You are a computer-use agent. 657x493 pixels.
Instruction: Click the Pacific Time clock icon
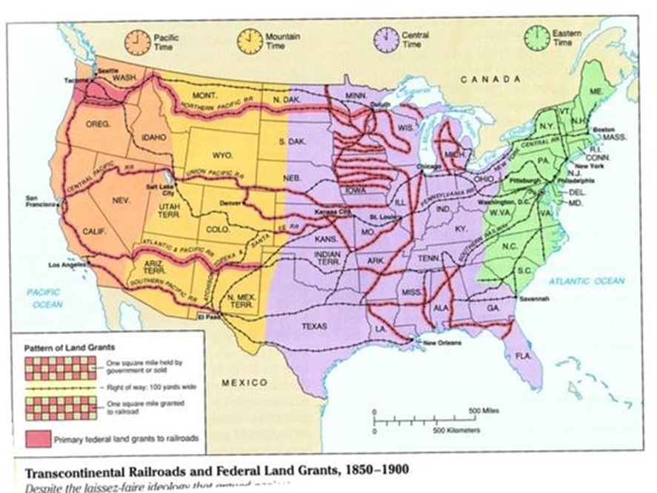[x=138, y=42]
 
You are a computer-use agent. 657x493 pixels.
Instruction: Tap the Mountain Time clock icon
[x=250, y=41]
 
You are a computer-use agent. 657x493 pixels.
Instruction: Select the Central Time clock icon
[x=386, y=39]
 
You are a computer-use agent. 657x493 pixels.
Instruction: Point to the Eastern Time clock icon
[x=536, y=38]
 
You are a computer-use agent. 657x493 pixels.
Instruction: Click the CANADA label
[x=491, y=78]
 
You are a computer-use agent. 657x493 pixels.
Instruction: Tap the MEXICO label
[x=244, y=383]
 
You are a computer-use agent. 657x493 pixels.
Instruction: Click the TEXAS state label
[x=314, y=325]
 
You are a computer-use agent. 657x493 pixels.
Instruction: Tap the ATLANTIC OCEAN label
[x=587, y=281]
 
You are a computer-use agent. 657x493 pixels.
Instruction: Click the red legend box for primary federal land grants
[x=36, y=439]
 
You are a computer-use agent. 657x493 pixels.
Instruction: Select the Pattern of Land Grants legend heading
[x=60, y=346]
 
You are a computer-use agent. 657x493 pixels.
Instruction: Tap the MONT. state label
[x=203, y=96]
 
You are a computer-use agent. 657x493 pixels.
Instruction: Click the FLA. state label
[x=524, y=355]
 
